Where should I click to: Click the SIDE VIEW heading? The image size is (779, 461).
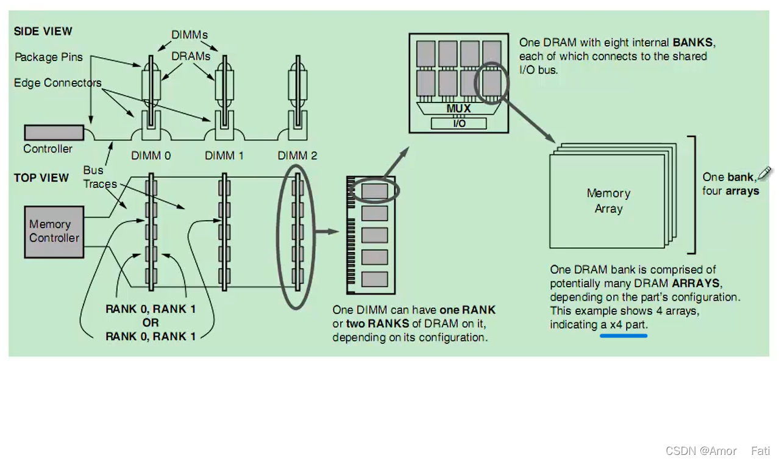[x=43, y=31]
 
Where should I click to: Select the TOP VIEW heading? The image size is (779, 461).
[x=41, y=177]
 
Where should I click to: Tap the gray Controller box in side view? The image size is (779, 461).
[x=54, y=132]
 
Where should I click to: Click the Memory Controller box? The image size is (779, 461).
[x=54, y=231]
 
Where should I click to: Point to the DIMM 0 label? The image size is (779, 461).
[x=151, y=155]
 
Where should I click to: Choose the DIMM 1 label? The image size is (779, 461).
[x=224, y=155]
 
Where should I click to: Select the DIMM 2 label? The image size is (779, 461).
[x=297, y=155]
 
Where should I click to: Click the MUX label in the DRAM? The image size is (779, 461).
[x=458, y=109]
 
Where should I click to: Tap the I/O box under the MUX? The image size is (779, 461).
[x=458, y=123]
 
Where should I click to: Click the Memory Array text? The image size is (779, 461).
[x=608, y=201]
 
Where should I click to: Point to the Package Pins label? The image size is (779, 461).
[x=48, y=57]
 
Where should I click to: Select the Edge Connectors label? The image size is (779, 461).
[x=58, y=83]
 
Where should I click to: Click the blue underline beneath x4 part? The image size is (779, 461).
[x=623, y=335]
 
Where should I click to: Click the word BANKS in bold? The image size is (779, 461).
[x=693, y=43]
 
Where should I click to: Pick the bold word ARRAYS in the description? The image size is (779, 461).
[x=696, y=284]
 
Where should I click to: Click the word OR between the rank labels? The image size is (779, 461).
[x=151, y=322]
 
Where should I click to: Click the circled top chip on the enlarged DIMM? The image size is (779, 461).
[x=374, y=191]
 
